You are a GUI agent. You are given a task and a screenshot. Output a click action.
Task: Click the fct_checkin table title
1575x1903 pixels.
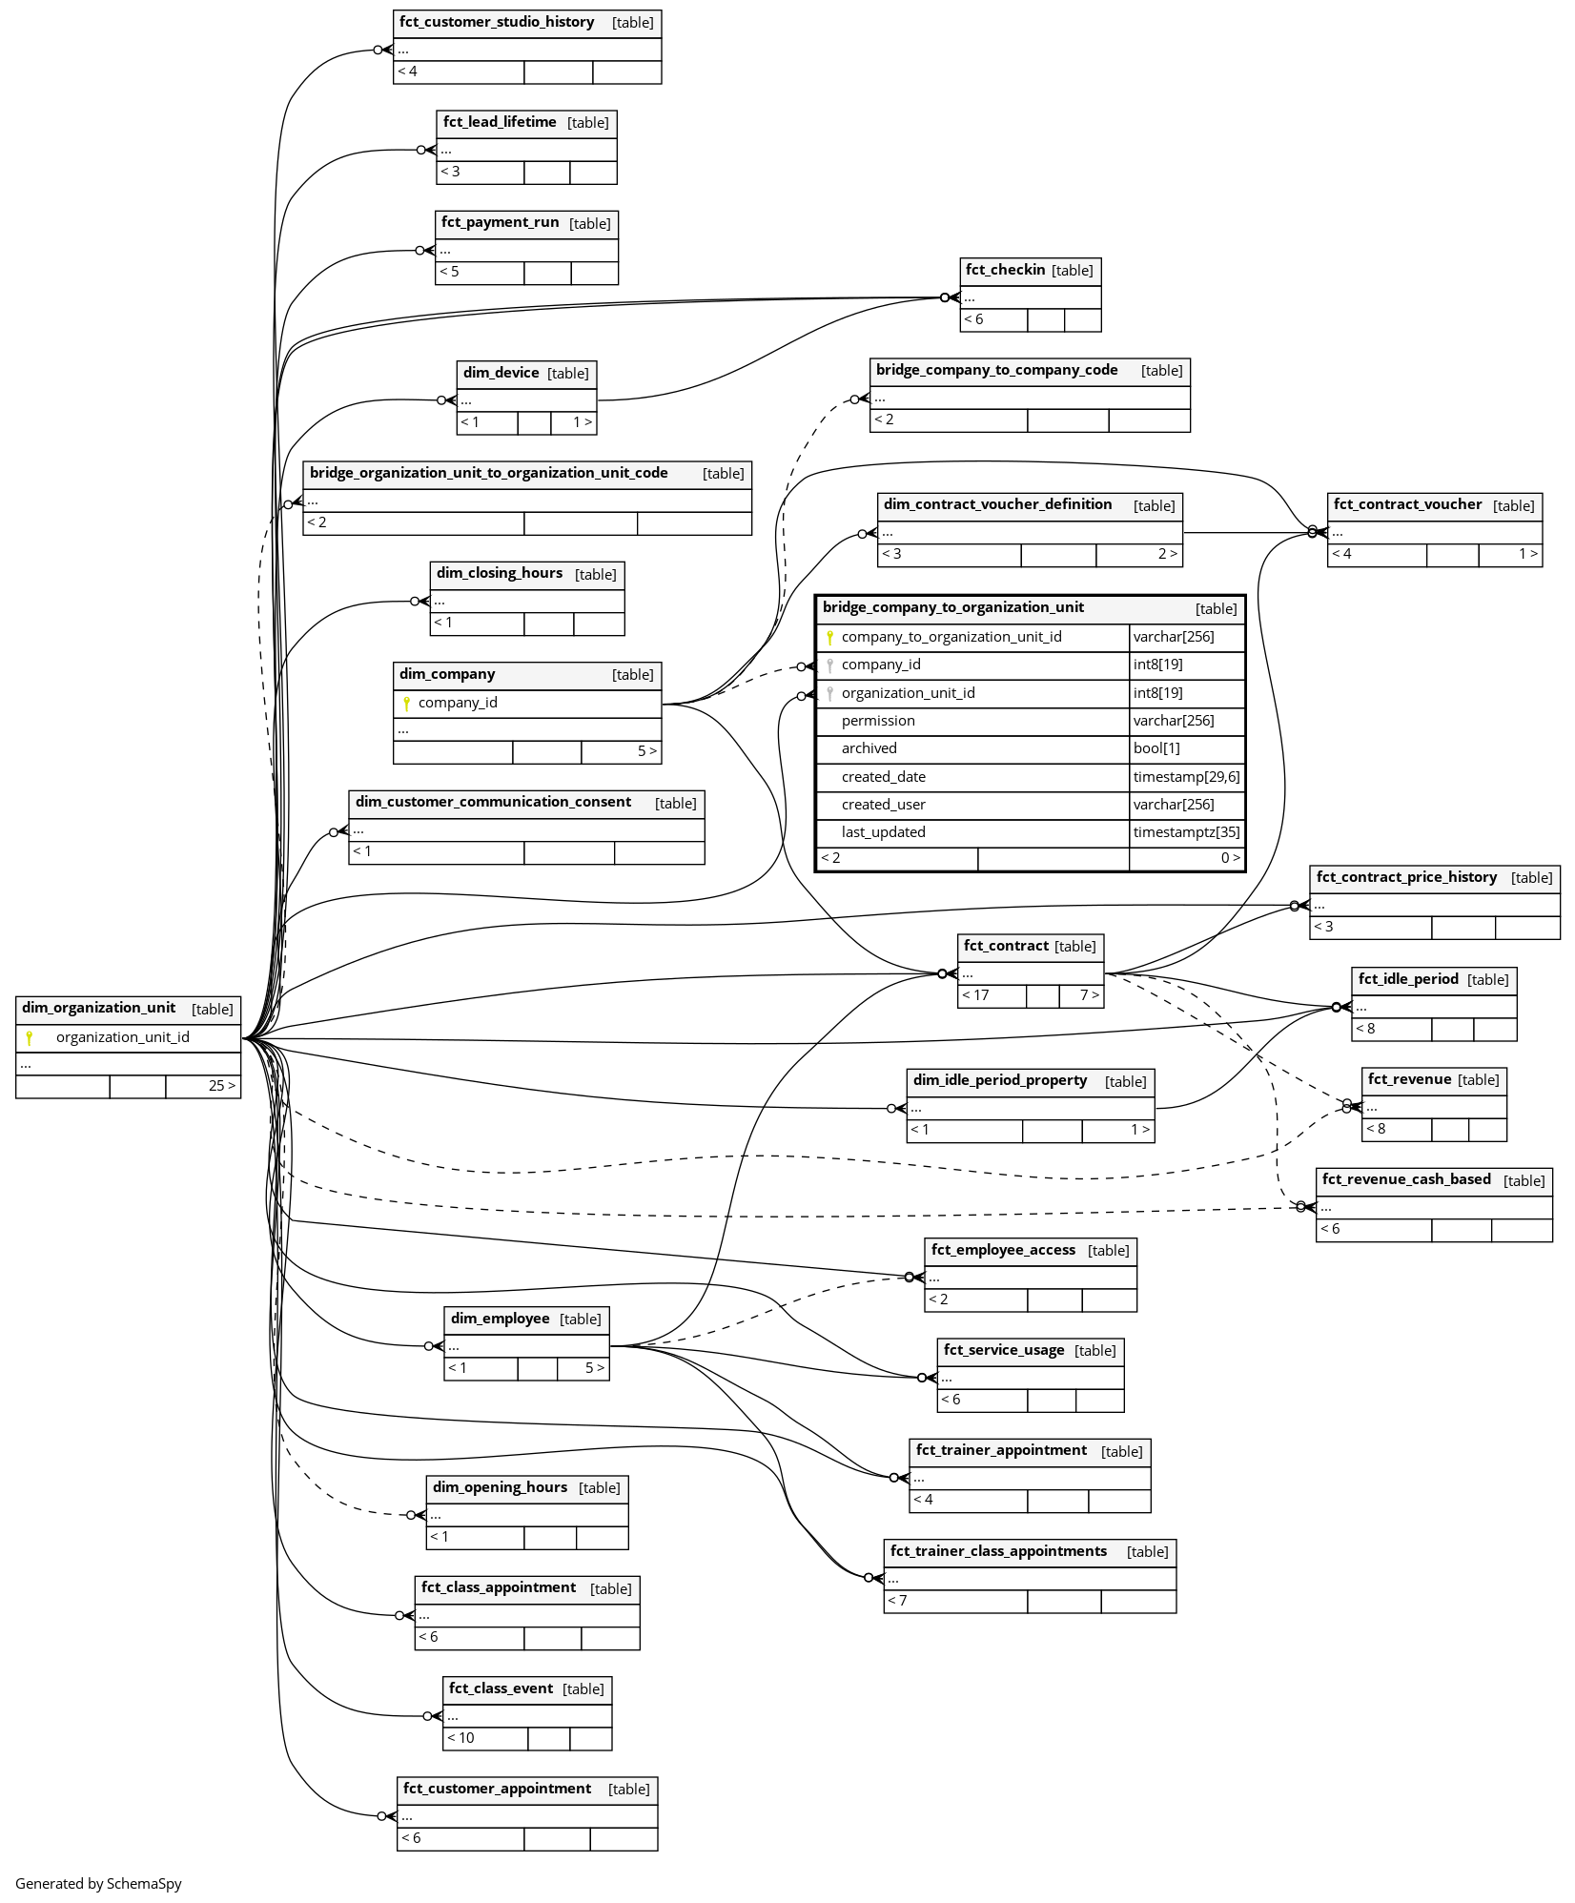coord(1005,270)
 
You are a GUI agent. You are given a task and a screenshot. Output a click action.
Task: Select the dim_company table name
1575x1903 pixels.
coord(447,674)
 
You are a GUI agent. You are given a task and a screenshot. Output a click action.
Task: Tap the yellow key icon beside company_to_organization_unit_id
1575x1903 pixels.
coord(829,637)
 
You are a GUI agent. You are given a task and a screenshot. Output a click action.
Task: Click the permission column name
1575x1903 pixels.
coord(878,721)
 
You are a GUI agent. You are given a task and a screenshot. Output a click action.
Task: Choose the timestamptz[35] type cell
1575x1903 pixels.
coord(1186,832)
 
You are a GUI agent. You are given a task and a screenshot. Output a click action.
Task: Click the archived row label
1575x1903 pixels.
coord(869,748)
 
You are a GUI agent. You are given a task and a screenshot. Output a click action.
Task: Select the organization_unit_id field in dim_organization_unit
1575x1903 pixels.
coord(122,1037)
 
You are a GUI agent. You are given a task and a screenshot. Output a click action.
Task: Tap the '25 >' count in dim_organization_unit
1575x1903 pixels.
coord(221,1086)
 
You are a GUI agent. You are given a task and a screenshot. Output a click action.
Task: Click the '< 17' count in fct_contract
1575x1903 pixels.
coord(976,995)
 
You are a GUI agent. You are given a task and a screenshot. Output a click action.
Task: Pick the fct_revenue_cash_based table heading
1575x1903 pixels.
coord(1406,1179)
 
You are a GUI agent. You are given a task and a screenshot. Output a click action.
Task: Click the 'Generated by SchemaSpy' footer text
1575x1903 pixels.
coord(98,1883)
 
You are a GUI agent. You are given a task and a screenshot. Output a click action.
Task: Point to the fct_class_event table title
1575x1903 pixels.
coord(501,1688)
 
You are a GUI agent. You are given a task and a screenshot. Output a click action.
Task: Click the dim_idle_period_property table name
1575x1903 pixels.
coord(1000,1080)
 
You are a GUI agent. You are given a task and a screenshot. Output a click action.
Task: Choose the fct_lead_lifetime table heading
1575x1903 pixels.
coord(500,122)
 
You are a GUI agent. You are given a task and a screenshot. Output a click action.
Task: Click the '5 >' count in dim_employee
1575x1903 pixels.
coord(594,1368)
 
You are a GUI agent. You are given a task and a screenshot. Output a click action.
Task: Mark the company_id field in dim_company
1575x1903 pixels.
coord(458,703)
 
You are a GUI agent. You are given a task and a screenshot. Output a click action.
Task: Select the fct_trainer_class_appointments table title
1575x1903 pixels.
coord(998,1551)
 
